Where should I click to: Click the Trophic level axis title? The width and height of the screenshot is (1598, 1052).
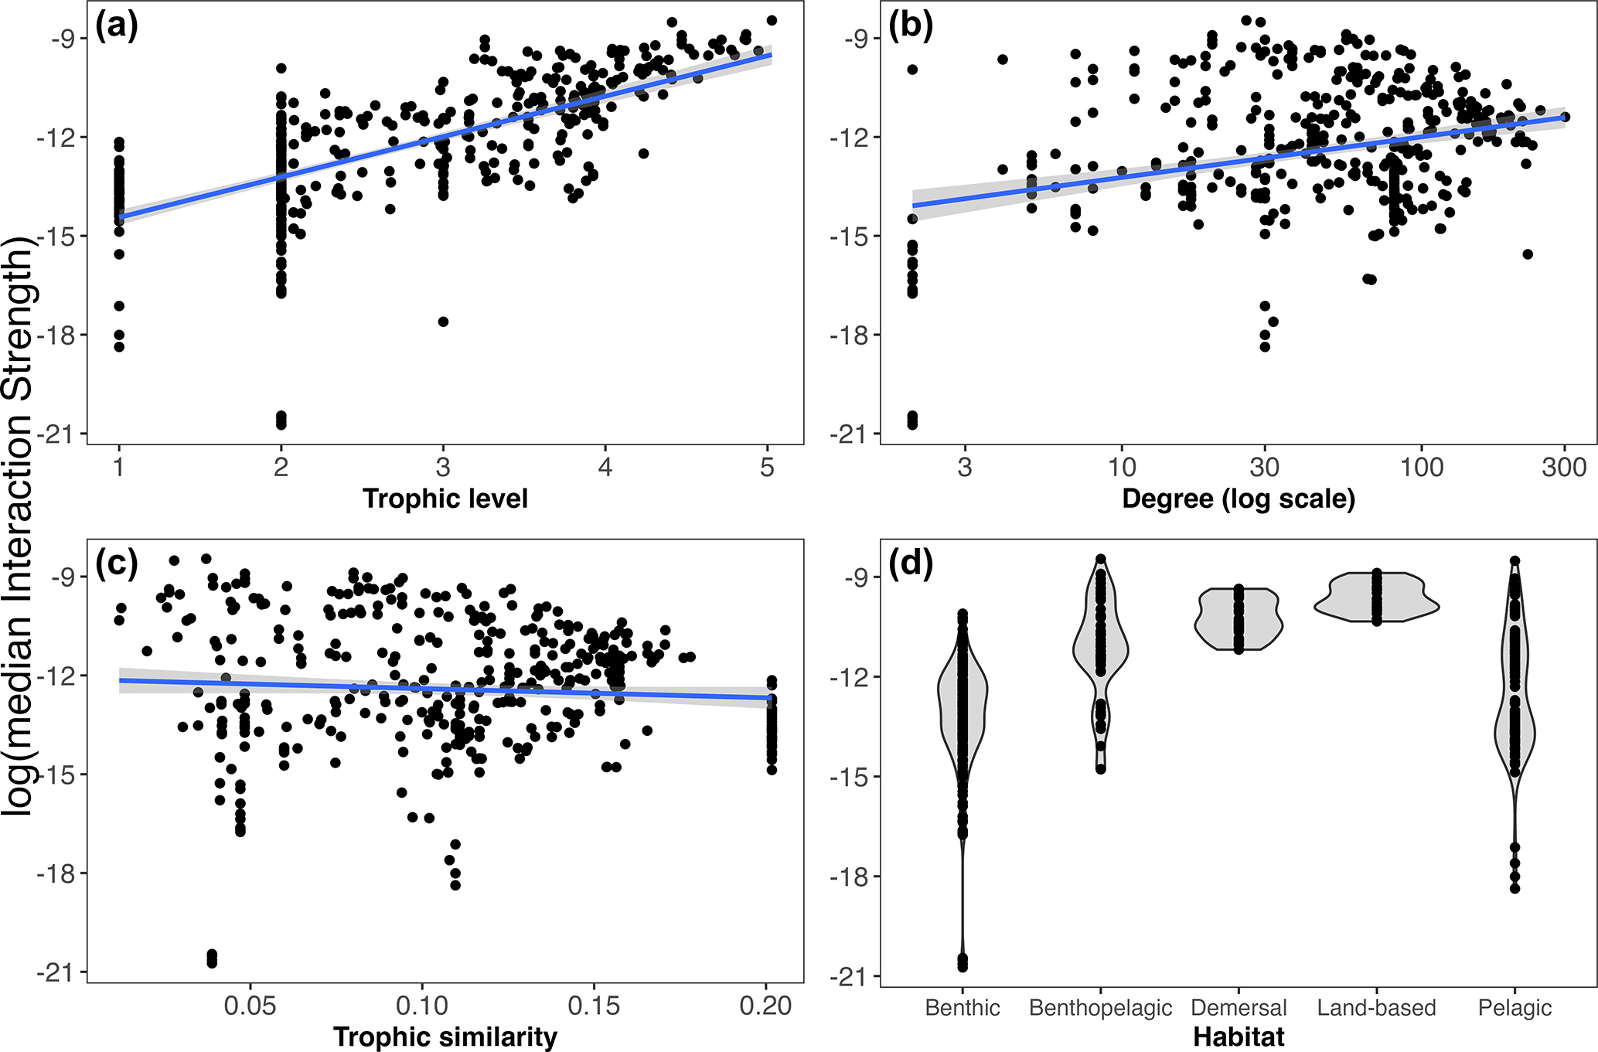[445, 499]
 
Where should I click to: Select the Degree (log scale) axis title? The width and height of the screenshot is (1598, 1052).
[1239, 499]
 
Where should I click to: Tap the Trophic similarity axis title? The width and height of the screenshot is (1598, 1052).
[445, 1037]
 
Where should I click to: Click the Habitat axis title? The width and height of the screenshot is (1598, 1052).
[1239, 1037]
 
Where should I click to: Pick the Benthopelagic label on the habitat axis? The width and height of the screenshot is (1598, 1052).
[1100, 1008]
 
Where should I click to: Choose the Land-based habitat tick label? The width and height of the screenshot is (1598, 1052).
[1376, 1008]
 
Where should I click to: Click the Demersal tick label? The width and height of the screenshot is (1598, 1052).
[1239, 1008]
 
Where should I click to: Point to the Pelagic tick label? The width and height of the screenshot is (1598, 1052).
[1515, 1008]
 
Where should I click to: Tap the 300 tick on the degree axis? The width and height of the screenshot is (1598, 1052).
[1564, 467]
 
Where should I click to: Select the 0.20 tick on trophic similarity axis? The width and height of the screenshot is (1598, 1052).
[765, 1006]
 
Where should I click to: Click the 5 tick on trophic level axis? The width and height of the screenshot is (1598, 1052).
[767, 467]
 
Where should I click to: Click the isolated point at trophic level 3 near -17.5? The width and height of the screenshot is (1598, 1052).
[443, 322]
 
